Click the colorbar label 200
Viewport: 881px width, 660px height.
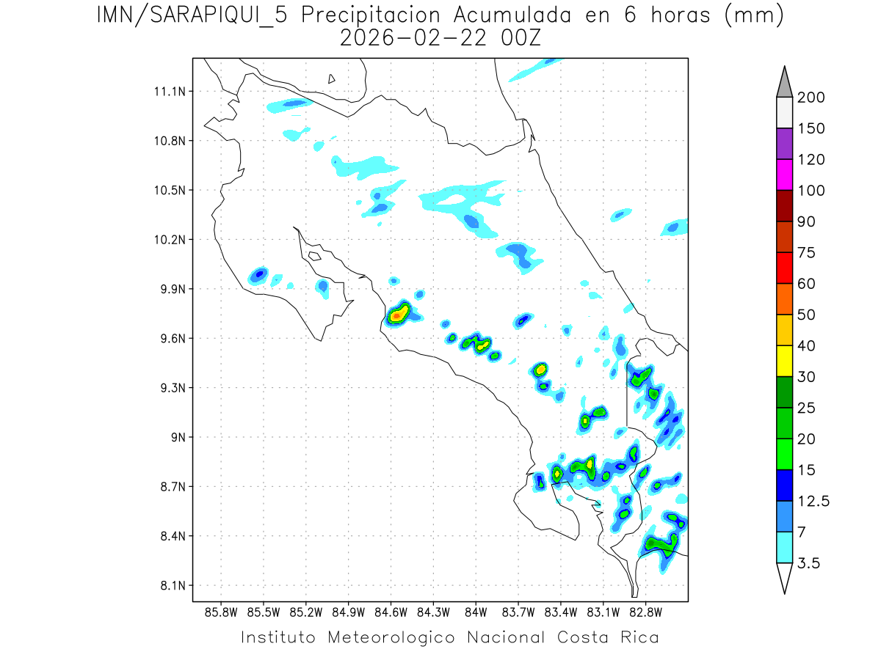point(811,98)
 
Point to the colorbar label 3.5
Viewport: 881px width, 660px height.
point(810,563)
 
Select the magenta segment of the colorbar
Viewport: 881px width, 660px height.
point(784,175)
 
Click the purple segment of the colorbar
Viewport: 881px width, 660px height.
point(784,144)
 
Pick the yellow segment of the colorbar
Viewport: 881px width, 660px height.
point(784,361)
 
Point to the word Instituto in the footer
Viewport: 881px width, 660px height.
point(279,637)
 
